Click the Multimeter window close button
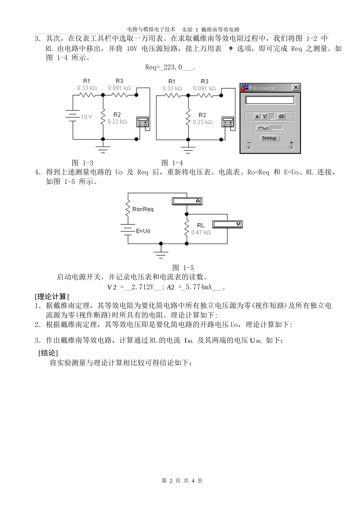[295, 88]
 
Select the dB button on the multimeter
[281, 116]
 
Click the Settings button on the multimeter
[269, 138]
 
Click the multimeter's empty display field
[270, 100]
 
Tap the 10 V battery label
[86, 116]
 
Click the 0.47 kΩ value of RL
[201, 233]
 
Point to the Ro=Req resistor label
[143, 209]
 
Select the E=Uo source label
[143, 231]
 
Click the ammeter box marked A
[186, 201]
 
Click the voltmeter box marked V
[228, 224]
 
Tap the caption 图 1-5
[183, 268]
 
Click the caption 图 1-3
[82, 163]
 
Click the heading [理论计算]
[52, 297]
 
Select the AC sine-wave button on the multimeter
[262, 128]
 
